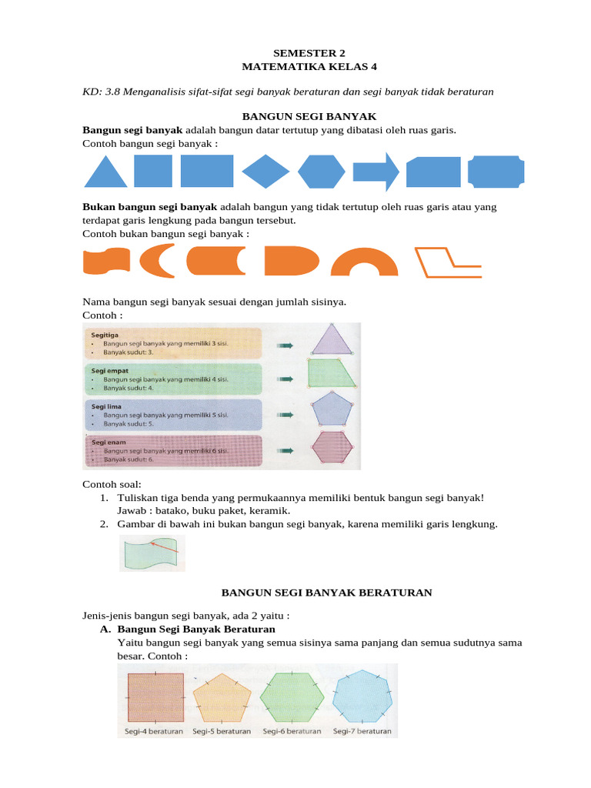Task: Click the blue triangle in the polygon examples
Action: [x=105, y=174]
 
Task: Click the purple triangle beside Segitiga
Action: [x=332, y=340]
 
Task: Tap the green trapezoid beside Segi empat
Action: [x=332, y=374]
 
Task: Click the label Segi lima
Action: [x=106, y=406]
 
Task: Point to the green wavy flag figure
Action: [x=152, y=553]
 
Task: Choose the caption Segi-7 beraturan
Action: [x=362, y=731]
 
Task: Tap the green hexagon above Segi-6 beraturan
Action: [x=292, y=695]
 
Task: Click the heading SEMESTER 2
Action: [x=295, y=53]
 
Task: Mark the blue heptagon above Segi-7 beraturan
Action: [x=362, y=695]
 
